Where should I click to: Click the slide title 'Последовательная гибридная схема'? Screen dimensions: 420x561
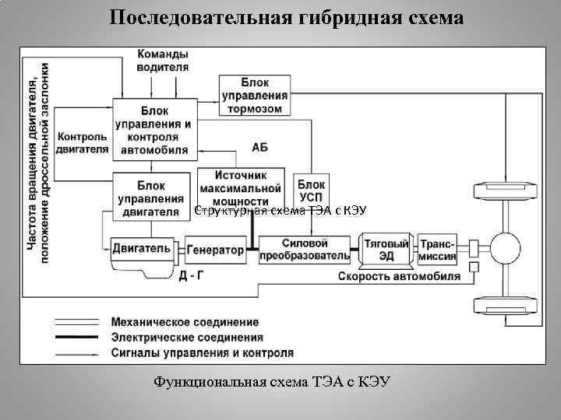(x=286, y=17)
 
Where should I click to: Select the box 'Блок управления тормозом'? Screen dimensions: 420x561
(x=254, y=95)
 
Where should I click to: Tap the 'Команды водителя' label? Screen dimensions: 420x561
(x=163, y=61)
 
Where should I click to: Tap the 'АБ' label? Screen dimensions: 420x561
(x=260, y=147)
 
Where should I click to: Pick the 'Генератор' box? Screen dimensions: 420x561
(x=215, y=250)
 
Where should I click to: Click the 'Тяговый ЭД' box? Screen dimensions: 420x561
(x=386, y=249)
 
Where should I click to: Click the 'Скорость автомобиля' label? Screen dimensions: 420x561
(x=397, y=275)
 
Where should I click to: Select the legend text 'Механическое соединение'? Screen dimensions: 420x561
(x=185, y=321)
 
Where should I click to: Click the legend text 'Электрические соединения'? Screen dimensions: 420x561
(x=187, y=338)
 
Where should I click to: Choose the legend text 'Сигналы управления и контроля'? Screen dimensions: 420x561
(x=203, y=352)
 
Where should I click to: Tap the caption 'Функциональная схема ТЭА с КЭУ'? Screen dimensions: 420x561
(x=272, y=382)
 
